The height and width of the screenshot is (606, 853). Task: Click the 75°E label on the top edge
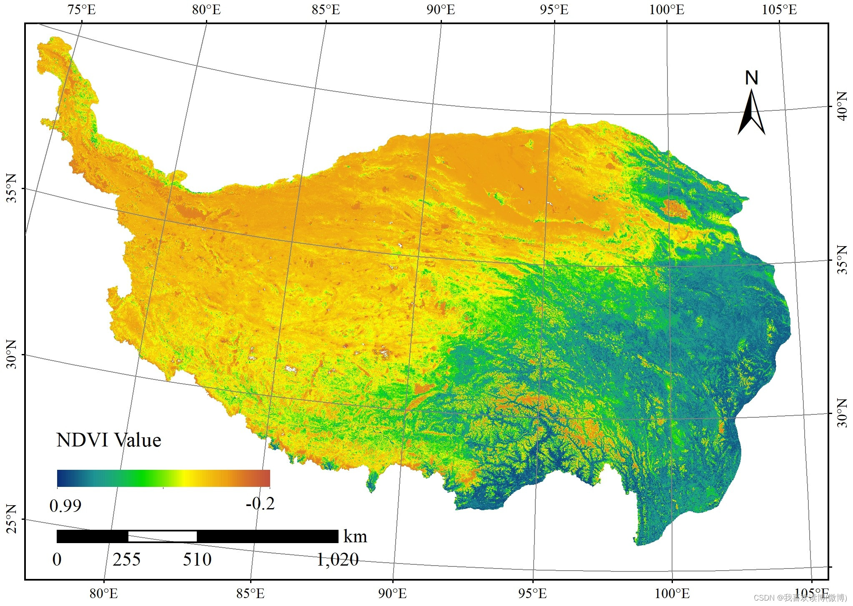click(x=82, y=10)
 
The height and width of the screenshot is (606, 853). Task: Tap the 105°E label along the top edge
click(x=779, y=10)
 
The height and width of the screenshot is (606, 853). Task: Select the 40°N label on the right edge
click(x=842, y=107)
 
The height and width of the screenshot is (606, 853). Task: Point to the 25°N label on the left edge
click(x=11, y=519)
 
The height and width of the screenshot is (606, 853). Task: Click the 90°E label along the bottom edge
click(x=392, y=594)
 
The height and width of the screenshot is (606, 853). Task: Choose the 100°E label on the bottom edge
click(x=672, y=594)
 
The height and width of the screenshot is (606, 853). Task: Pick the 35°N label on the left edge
click(x=11, y=188)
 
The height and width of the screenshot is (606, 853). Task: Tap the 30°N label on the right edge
click(x=842, y=413)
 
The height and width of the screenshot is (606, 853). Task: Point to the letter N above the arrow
click(x=751, y=78)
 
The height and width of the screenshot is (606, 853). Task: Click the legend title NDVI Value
click(x=108, y=440)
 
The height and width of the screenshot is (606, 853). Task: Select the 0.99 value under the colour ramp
click(x=65, y=506)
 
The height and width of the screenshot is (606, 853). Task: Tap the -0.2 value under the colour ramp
click(x=260, y=504)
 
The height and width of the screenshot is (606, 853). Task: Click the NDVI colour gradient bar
click(x=163, y=478)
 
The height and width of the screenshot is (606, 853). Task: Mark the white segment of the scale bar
click(x=163, y=536)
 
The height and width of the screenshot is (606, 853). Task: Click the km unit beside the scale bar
click(x=355, y=536)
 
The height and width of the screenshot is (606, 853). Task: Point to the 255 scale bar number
click(x=126, y=559)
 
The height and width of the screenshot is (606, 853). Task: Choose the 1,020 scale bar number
click(x=337, y=559)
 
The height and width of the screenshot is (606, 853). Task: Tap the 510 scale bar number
click(x=197, y=559)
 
